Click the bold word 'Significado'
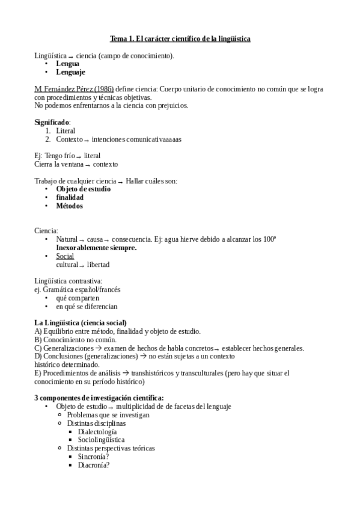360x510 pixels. click(x=52, y=122)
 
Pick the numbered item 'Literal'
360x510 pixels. click(x=66, y=131)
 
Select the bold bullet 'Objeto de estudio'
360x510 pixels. click(x=87, y=189)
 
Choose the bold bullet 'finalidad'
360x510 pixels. click(x=70, y=197)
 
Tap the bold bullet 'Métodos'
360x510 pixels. click(x=69, y=206)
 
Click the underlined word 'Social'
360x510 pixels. click(x=65, y=256)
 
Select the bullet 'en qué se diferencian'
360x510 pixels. click(x=87, y=306)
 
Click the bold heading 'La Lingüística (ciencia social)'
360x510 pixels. click(x=81, y=323)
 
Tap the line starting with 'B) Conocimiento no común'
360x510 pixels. click(x=75, y=340)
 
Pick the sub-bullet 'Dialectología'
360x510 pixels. click(x=97, y=432)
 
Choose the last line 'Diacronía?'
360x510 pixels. click(x=94, y=465)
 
